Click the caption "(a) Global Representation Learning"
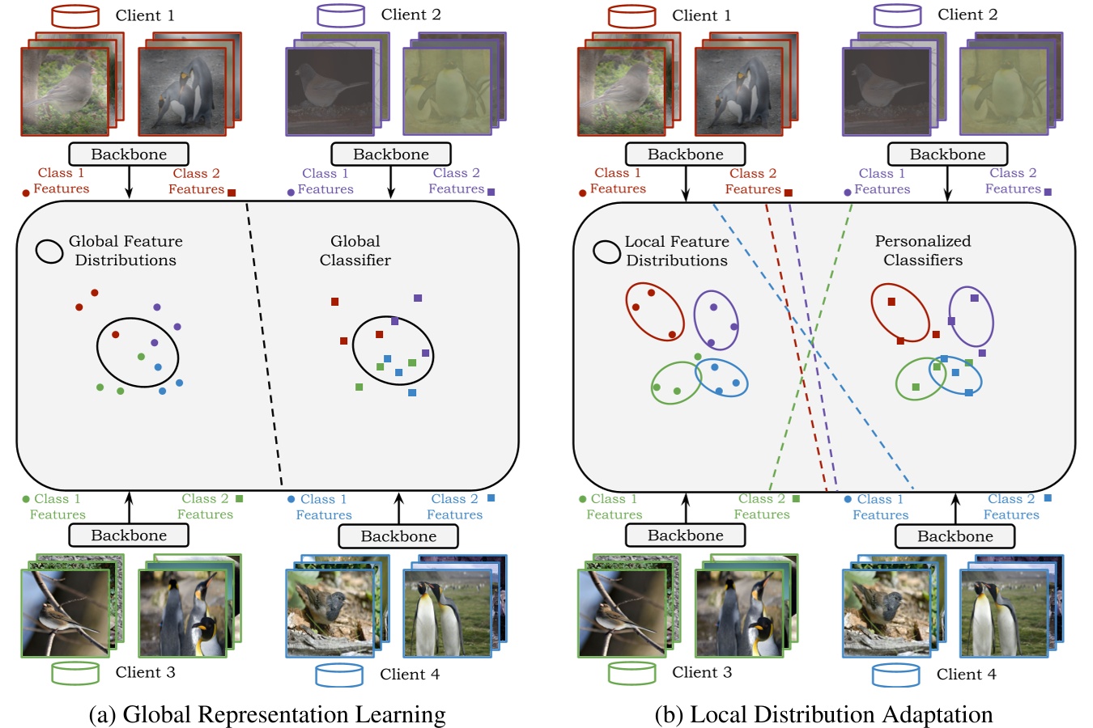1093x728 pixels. pyautogui.click(x=267, y=715)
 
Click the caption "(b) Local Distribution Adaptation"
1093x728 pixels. pyautogui.click(x=823, y=715)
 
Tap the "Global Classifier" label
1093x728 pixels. pyautogui.click(x=355, y=251)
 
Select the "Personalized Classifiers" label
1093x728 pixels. pyautogui.click(x=923, y=251)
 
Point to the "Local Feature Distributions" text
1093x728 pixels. pyautogui.click(x=677, y=251)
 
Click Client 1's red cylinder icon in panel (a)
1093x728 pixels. pyautogui.click(x=75, y=16)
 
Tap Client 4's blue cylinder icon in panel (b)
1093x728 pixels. pyautogui.click(x=895, y=675)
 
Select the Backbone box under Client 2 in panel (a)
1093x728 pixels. pyautogui.click(x=391, y=154)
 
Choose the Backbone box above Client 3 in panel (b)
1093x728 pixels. pyautogui.click(x=686, y=535)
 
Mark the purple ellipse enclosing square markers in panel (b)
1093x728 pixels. pyautogui.click(x=971, y=316)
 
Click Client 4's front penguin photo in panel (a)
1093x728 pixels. pyautogui.click(x=447, y=613)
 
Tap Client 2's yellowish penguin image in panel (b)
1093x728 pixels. pyautogui.click(x=1004, y=91)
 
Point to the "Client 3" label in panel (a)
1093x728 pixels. pyautogui.click(x=145, y=672)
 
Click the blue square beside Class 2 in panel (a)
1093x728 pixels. pyautogui.click(x=491, y=498)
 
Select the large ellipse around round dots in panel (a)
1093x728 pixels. pyautogui.click(x=138, y=353)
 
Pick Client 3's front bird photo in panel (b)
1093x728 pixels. pyautogui.click(x=621, y=613)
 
